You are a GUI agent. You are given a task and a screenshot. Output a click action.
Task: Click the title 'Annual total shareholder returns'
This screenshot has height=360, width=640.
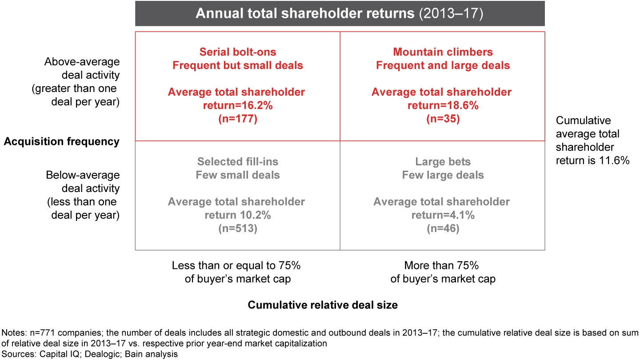pyautogui.click(x=305, y=13)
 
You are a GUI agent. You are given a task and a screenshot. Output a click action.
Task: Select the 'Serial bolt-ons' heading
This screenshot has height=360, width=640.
pyautogui.click(x=238, y=52)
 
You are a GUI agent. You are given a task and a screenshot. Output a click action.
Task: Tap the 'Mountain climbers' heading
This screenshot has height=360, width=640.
pyautogui.click(x=443, y=52)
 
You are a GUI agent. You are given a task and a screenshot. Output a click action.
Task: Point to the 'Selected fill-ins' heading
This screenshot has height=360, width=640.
pyautogui.click(x=238, y=162)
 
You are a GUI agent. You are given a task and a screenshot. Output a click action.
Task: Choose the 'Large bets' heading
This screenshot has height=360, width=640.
pyautogui.click(x=443, y=162)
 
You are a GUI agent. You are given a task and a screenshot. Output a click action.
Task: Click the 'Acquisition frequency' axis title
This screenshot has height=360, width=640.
pyautogui.click(x=61, y=142)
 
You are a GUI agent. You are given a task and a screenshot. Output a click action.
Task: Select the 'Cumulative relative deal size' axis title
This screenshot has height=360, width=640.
pyautogui.click(x=323, y=305)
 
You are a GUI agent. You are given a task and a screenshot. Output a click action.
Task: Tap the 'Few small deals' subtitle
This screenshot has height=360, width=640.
pyautogui.click(x=238, y=175)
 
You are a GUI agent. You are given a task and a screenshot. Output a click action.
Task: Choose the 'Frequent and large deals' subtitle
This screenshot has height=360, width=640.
pyautogui.click(x=443, y=66)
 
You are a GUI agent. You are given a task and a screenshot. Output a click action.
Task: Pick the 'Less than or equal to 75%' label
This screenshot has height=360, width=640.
pyautogui.click(x=236, y=266)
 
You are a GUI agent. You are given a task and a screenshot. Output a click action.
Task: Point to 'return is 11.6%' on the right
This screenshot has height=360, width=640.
pyautogui.click(x=592, y=160)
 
